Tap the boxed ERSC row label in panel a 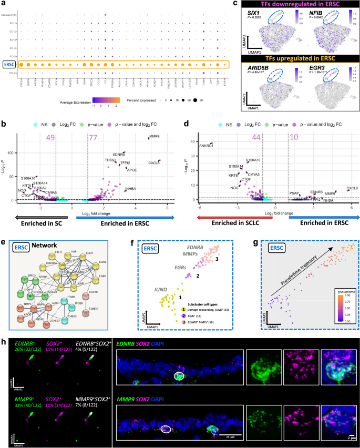(x=8, y=65)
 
